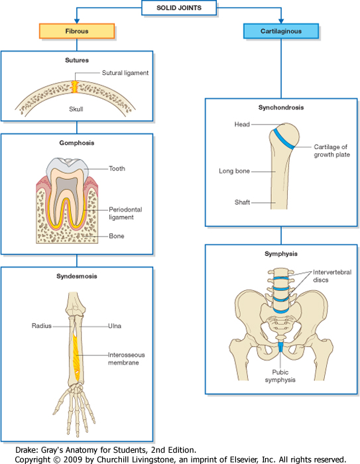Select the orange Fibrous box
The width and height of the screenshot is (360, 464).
pyautogui.click(x=77, y=30)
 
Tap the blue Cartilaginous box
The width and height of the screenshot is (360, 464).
pyautogui.click(x=280, y=30)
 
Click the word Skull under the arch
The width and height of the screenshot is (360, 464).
pyautogui.click(x=76, y=109)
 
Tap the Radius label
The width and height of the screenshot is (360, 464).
pyautogui.click(x=42, y=325)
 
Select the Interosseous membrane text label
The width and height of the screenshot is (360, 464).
pyautogui.click(x=127, y=359)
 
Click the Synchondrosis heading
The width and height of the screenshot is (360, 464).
pyautogui.click(x=280, y=107)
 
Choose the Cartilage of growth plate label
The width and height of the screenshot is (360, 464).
pyautogui.click(x=331, y=150)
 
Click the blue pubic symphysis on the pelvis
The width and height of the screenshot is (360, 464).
pyautogui.click(x=281, y=347)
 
